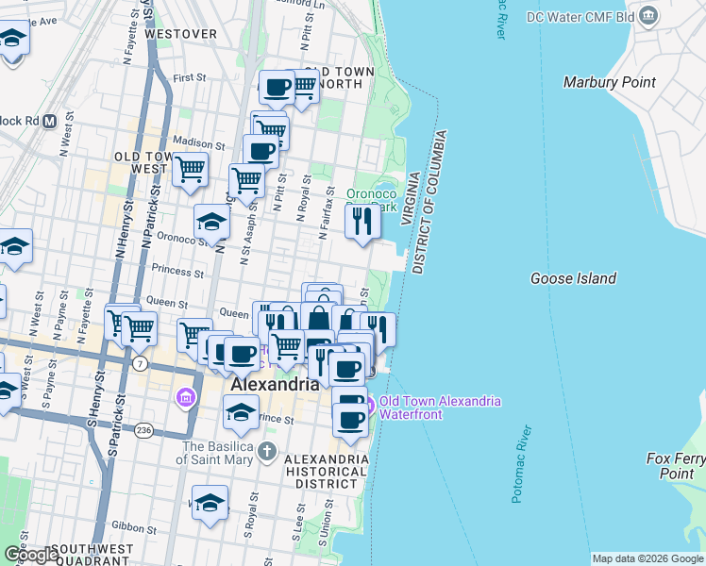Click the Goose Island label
point(573,278)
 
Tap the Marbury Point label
point(609,82)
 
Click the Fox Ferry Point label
point(676,466)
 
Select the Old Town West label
point(142,162)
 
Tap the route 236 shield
point(143,430)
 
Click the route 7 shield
point(140,362)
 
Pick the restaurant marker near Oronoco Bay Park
point(361,222)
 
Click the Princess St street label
point(178,274)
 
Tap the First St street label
point(189,77)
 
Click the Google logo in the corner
point(30,555)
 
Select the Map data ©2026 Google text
point(647,558)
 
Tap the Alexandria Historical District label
point(326,471)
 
